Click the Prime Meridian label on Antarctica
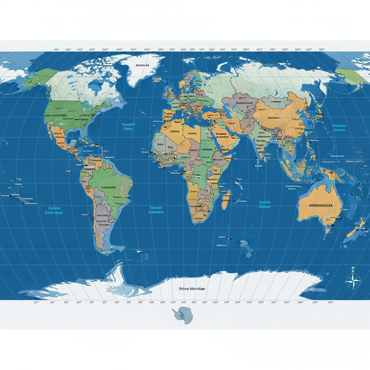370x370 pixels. coord(192,288)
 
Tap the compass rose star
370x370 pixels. coord(354,279)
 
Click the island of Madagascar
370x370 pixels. coord(226,202)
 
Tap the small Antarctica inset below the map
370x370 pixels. coord(181,315)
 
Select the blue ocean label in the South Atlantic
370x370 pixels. coord(155,210)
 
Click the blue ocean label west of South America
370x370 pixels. coord(54,211)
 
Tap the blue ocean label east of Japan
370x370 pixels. coord(339,127)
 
